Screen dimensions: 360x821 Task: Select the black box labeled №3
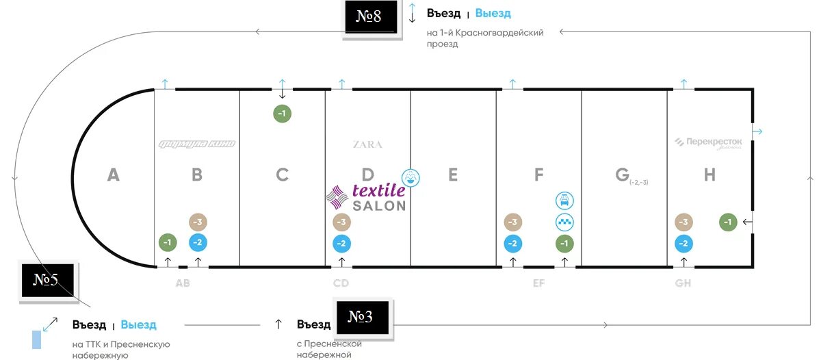point(361,317)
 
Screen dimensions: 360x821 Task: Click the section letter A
point(114,175)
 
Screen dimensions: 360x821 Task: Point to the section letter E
point(452,175)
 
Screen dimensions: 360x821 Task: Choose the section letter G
point(622,175)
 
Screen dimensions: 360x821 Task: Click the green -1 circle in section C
point(283,114)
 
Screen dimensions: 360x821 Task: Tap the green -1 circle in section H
point(729,222)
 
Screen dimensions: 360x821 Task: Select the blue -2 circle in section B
point(198,242)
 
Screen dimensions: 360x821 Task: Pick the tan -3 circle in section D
point(341,222)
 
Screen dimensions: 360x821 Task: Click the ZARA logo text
point(367,145)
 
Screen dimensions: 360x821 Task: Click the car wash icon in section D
point(410,178)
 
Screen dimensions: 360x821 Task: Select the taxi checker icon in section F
point(564,222)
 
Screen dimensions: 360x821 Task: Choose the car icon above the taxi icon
point(564,201)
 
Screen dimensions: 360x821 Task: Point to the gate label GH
point(682,283)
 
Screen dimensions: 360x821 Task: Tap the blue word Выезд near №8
point(493,14)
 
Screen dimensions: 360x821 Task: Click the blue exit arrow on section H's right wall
point(757,131)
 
